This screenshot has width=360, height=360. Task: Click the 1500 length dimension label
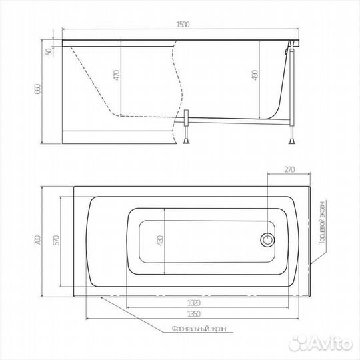[183, 25]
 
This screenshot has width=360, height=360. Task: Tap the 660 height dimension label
[37, 89]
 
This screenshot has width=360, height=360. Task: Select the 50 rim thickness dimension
[49, 52]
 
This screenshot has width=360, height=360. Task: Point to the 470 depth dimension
[117, 75]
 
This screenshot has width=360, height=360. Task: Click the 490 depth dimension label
[255, 75]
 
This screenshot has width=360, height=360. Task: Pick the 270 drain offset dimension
[289, 169]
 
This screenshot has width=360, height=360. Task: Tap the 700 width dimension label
[37, 240]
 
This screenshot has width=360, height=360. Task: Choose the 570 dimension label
[56, 240]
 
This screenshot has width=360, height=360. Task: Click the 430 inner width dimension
[161, 240]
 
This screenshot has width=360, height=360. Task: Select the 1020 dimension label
[194, 303]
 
